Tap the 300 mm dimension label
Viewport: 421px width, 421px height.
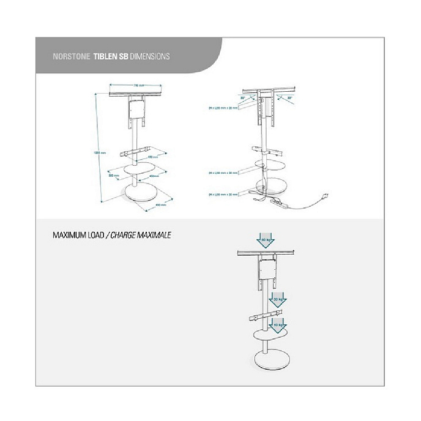coord(113,176)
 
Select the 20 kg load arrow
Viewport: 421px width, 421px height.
coord(279,300)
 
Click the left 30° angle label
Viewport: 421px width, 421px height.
coord(243,97)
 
